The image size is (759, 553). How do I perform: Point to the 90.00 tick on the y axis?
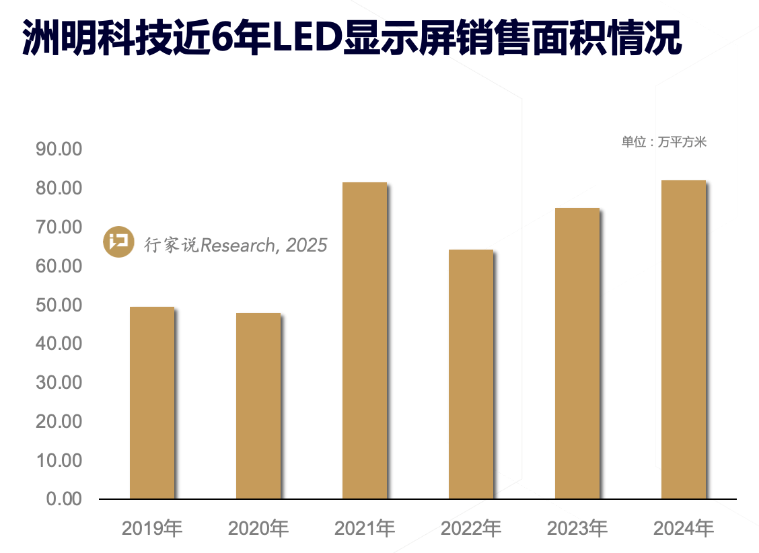pos(59,149)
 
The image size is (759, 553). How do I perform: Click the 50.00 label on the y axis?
pos(59,305)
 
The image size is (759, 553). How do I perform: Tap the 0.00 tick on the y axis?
pos(64,500)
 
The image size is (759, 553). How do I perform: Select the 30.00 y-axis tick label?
pos(59,383)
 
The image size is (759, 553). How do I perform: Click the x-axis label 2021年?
pos(365,529)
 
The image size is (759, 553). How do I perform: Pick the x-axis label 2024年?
pos(684,529)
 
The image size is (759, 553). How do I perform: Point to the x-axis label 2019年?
pos(152,529)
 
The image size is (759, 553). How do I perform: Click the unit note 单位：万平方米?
pos(663,142)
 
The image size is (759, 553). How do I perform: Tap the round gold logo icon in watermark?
pos(119,242)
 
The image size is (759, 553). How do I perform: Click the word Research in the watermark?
pos(237,245)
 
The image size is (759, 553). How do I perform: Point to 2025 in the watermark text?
pos(306,245)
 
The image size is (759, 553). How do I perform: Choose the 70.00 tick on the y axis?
pos(59,227)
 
